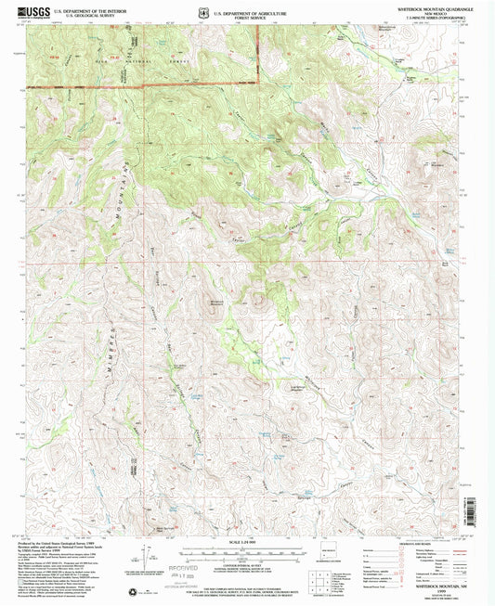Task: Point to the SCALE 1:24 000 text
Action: (x=247, y=543)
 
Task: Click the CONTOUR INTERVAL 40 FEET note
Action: (x=247, y=563)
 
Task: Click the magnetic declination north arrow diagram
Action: (x=147, y=557)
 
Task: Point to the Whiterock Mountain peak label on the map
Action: (x=216, y=302)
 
